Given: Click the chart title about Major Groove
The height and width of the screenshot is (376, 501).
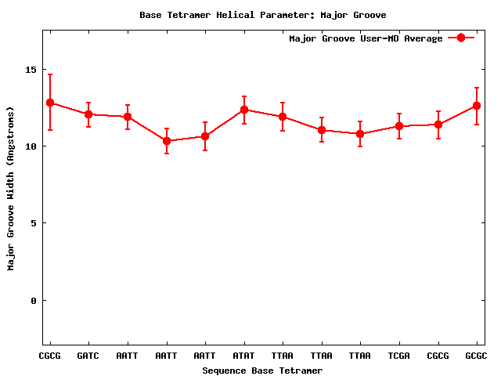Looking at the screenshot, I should [262, 15].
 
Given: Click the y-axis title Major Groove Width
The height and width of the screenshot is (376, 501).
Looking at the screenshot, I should [11, 200].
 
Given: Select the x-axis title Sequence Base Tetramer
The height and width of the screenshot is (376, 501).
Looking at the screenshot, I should [262, 371].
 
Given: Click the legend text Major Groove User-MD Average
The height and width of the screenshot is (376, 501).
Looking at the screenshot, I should [366, 38].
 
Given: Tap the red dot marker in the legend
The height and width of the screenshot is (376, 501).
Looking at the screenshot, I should [461, 38].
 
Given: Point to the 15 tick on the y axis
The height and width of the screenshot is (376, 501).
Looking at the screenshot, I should [31, 70].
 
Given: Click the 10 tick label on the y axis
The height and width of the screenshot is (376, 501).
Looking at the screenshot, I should [31, 146].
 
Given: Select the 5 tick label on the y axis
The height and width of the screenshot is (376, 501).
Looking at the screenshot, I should [34, 223].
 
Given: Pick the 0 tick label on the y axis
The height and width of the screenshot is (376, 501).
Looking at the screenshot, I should [34, 301].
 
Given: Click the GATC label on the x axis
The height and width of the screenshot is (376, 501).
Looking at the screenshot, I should [88, 356].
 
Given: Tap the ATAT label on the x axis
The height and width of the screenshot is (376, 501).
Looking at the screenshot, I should [244, 356].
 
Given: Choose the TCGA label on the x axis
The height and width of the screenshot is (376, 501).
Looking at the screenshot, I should [399, 356].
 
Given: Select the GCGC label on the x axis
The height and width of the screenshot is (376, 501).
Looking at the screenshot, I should [477, 356].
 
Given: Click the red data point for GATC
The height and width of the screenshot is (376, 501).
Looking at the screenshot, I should [88, 114].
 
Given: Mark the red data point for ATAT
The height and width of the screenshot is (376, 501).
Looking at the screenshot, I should [244, 110].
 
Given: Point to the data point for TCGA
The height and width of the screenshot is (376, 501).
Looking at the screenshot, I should [399, 126].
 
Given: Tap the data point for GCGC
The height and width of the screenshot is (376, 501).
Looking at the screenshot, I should [477, 106].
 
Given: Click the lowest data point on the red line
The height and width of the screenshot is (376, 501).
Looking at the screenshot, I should [167, 141].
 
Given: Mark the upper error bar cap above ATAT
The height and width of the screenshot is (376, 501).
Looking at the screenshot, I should [244, 96].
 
